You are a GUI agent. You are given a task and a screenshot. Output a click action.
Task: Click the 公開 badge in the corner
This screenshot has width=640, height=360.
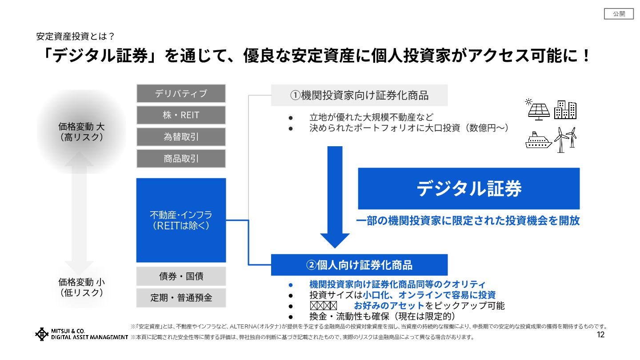tap(619, 14)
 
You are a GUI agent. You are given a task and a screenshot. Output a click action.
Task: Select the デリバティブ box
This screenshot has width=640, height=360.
tap(181, 94)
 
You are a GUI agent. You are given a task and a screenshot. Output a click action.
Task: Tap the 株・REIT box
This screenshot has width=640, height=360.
tap(181, 115)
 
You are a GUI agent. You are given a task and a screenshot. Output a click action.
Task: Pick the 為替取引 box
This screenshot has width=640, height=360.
tap(181, 137)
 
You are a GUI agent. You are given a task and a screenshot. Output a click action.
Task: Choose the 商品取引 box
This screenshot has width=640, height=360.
tap(181, 159)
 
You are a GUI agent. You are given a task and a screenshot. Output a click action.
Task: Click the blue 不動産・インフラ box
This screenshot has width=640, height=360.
tap(181, 220)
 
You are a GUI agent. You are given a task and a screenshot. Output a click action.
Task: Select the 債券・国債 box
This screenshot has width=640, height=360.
tap(181, 276)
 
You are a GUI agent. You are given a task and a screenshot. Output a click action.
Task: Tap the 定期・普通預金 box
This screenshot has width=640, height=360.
tap(181, 298)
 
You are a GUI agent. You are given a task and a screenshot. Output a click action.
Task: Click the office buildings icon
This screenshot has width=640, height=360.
tap(565, 110)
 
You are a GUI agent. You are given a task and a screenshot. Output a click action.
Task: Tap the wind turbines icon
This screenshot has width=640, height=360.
tap(566, 140)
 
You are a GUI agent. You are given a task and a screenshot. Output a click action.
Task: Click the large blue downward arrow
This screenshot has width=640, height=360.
tap(335, 196)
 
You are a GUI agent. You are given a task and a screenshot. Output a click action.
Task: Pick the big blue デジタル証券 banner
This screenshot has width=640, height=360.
tap(469, 188)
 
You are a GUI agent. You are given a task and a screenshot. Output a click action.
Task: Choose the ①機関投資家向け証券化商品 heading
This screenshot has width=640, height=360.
tap(359, 95)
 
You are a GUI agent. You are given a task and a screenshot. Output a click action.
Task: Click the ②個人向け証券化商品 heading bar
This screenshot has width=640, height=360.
tap(359, 265)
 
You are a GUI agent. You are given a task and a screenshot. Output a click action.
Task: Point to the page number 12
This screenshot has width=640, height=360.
tap(600, 335)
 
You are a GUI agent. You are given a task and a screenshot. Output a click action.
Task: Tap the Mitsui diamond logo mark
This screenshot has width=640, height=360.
tap(42, 334)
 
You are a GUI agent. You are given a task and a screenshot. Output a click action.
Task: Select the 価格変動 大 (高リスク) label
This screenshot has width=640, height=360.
tap(81, 132)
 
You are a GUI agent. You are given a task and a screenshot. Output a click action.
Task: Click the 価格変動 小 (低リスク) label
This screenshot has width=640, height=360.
tap(81, 287)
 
